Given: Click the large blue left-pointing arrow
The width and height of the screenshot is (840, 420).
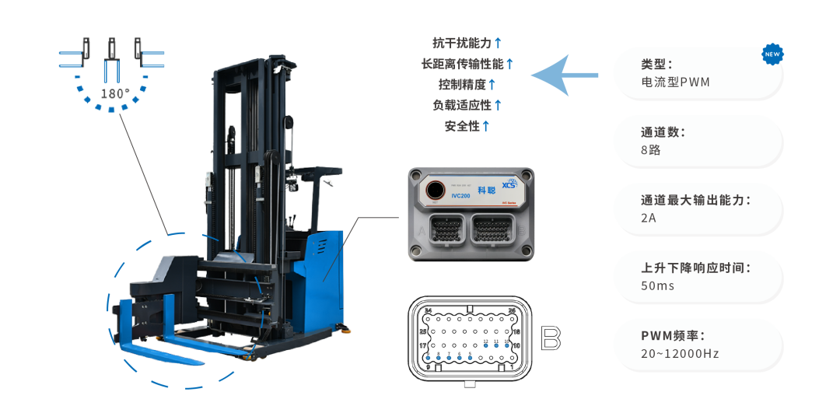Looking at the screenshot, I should pyautogui.click(x=564, y=75).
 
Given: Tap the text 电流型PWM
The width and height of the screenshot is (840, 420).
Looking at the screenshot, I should pyautogui.click(x=676, y=82).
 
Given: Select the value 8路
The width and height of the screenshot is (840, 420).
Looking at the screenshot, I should pyautogui.click(x=651, y=150).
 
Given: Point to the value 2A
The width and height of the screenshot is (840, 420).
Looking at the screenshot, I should pyautogui.click(x=649, y=218).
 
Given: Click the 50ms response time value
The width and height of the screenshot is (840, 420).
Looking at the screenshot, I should pyautogui.click(x=657, y=285).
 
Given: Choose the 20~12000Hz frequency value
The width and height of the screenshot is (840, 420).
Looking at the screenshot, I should pyautogui.click(x=680, y=354).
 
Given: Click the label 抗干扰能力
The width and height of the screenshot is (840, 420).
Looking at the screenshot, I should pyautogui.click(x=462, y=42).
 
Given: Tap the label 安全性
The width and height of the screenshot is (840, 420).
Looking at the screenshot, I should pyautogui.click(x=462, y=125).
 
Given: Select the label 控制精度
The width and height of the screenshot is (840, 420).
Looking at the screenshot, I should pyautogui.click(x=462, y=84).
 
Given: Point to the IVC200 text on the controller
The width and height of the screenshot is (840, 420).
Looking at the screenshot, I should pyautogui.click(x=439, y=196).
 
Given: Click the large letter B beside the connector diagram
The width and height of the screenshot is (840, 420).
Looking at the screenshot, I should pyautogui.click(x=551, y=338).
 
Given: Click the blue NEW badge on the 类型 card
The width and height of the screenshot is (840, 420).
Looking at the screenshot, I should pyautogui.click(x=772, y=54).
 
